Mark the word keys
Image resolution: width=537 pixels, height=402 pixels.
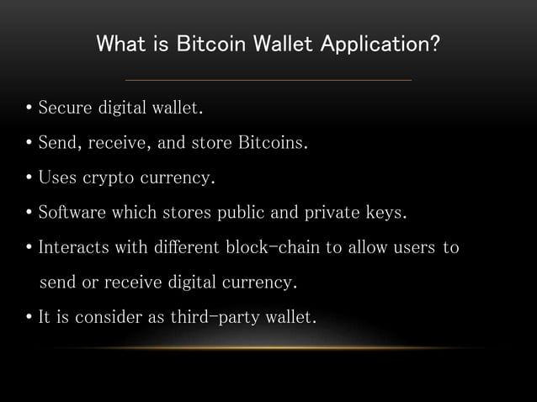[x=385, y=214]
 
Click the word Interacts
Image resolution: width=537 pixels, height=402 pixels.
[x=72, y=249]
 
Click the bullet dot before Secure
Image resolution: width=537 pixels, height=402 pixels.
[x=29, y=109]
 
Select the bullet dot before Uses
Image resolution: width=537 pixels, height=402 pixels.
[x=29, y=179]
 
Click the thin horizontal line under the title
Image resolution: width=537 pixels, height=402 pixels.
[x=268, y=80]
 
